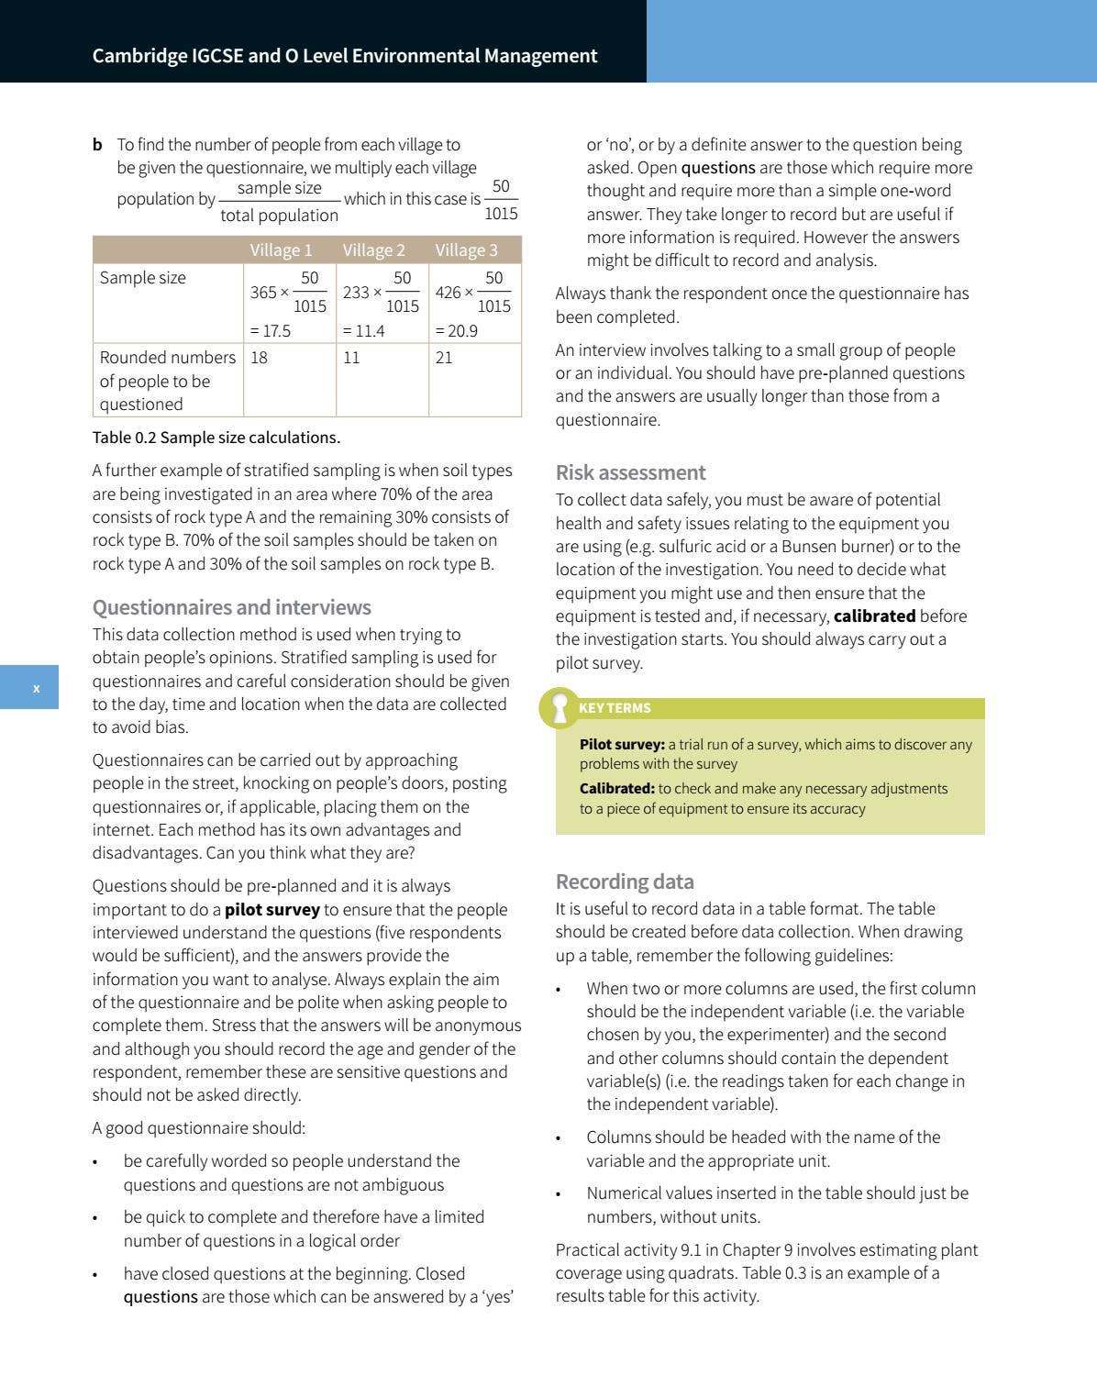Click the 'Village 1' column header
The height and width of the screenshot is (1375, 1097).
(281, 250)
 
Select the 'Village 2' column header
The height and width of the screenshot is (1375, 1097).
(373, 250)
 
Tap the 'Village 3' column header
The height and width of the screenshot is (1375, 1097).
(466, 250)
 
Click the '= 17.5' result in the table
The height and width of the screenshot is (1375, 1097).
(271, 331)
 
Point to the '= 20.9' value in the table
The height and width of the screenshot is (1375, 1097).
(456, 331)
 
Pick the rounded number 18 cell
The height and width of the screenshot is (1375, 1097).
(260, 358)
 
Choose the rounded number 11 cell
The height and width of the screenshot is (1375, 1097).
(351, 358)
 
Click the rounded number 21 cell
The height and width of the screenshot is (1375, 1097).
(444, 358)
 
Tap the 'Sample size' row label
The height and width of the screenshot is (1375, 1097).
(142, 278)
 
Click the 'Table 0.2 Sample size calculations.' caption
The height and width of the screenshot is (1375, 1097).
(216, 438)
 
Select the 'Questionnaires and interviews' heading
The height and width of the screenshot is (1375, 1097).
(231, 607)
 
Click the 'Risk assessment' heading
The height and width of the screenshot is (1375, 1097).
(630, 472)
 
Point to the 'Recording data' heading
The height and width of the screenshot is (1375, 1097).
(625, 882)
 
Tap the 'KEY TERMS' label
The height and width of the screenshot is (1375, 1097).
(615, 708)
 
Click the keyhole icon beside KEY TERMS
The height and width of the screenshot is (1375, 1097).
(559, 708)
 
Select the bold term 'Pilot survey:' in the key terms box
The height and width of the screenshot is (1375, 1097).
(622, 745)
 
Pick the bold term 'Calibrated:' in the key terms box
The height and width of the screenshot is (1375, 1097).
(617, 789)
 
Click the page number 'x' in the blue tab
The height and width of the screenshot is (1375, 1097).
(37, 688)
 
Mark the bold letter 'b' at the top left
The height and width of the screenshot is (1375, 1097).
(97, 145)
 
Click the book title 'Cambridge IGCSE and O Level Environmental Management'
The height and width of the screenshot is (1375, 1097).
(345, 56)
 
